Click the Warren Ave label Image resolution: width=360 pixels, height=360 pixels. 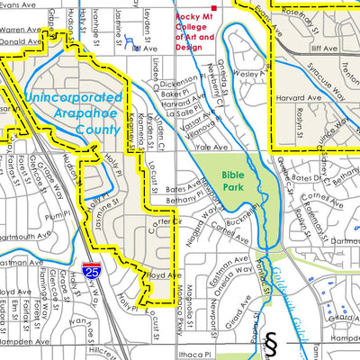point(22,29)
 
